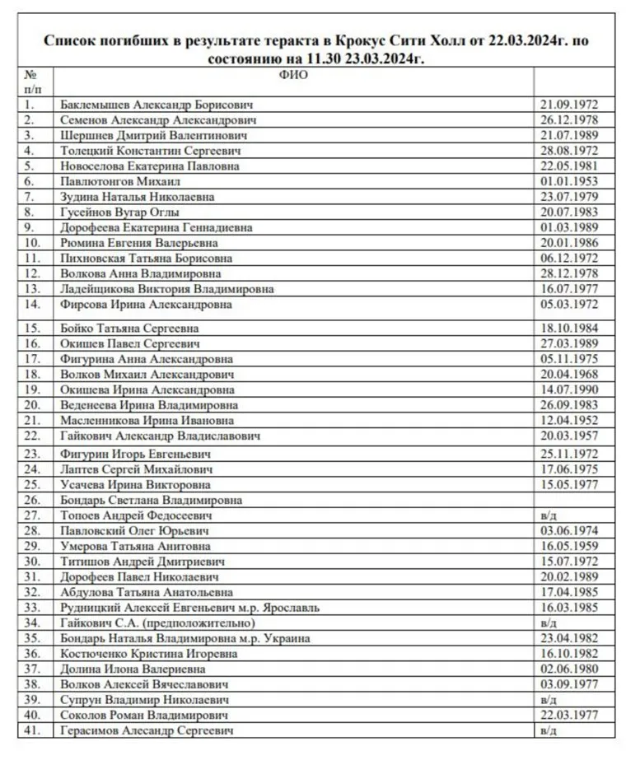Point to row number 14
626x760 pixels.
click(32, 305)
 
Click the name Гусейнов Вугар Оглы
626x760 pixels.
click(120, 212)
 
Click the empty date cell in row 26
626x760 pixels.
click(574, 499)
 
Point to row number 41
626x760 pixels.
click(32, 730)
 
